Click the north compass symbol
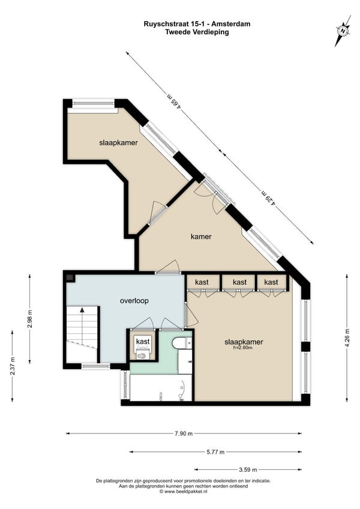click(x=343, y=31)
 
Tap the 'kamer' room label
click(x=201, y=236)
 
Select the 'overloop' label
click(x=134, y=301)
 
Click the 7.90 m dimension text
click(x=184, y=433)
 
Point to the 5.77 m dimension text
click(x=215, y=451)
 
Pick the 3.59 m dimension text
click(x=248, y=469)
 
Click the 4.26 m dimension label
click(x=347, y=338)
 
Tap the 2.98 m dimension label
click(x=30, y=319)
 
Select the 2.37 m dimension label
click(x=13, y=366)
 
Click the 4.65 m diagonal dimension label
click(x=174, y=101)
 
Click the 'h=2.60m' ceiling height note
click(x=243, y=348)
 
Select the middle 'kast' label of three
click(x=239, y=283)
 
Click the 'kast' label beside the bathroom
click(x=143, y=342)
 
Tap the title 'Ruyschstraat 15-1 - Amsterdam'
click(x=197, y=23)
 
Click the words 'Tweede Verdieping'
click(x=197, y=32)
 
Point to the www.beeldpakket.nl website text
click(x=184, y=492)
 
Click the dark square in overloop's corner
click(x=70, y=278)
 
